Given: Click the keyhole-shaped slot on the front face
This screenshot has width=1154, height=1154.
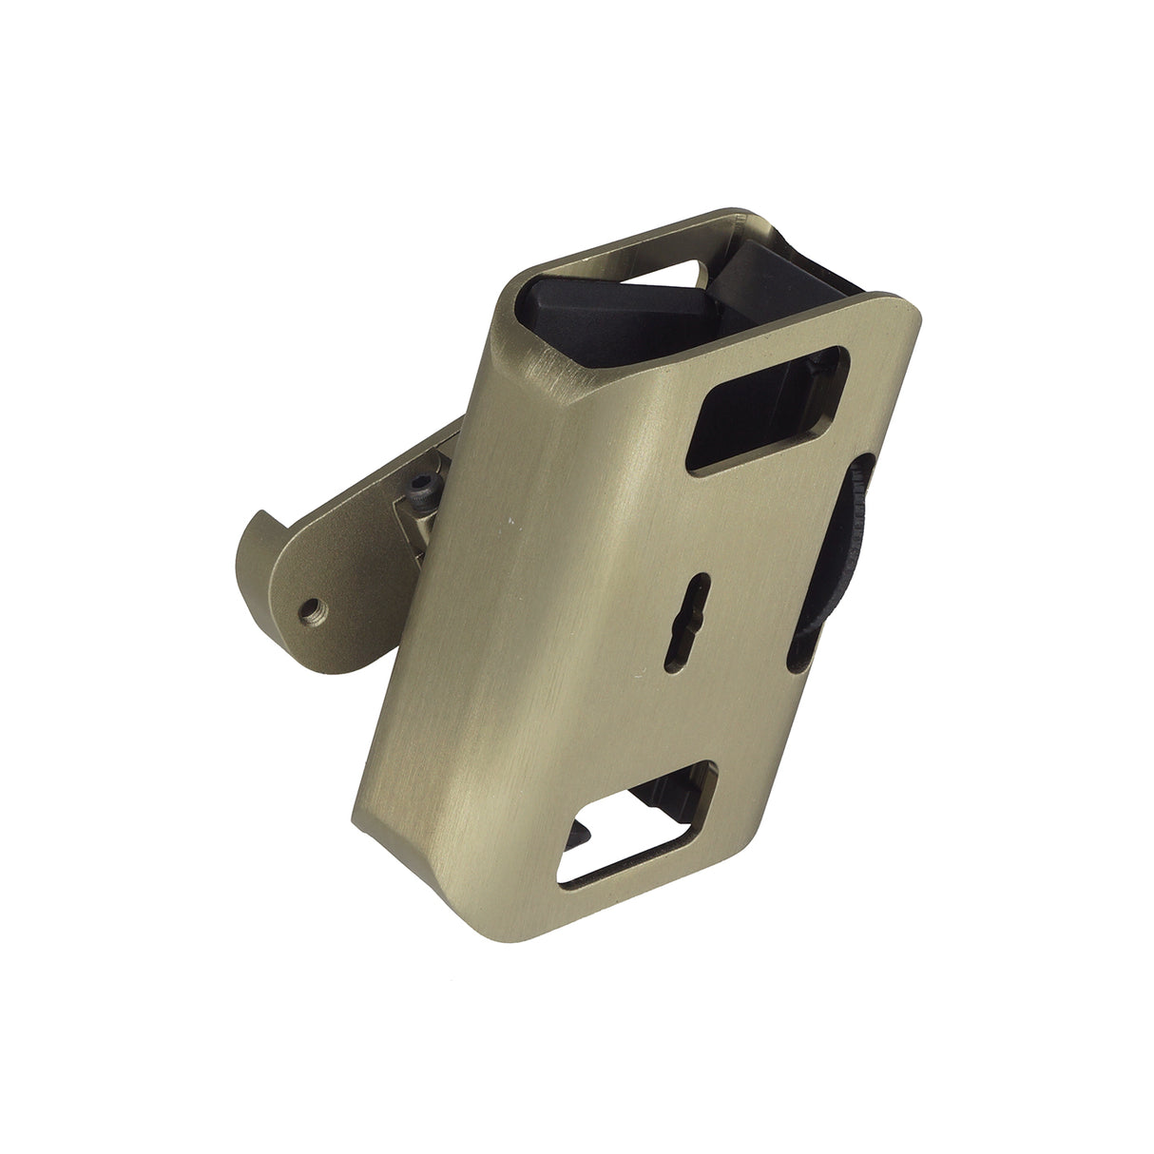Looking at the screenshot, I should [701, 623].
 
